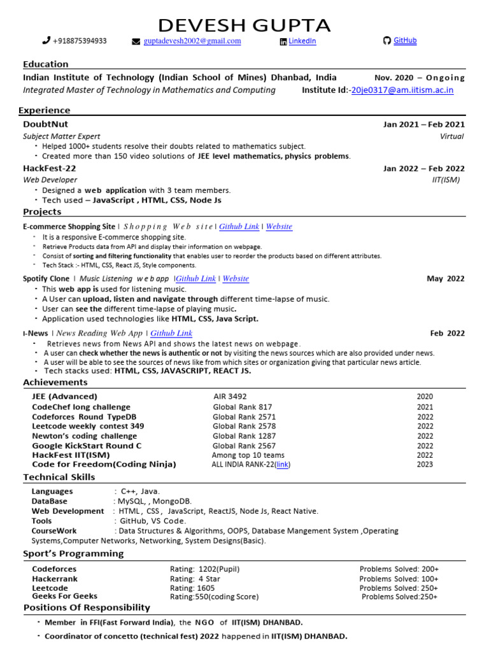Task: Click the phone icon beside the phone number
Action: pyautogui.click(x=46, y=41)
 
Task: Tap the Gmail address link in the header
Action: pyautogui.click(x=192, y=41)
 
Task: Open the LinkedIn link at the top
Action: pyautogui.click(x=302, y=41)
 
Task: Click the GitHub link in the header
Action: pyautogui.click(x=405, y=41)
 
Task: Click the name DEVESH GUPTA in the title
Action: pyautogui.click(x=244, y=25)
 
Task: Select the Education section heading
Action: pyautogui.click(x=45, y=64)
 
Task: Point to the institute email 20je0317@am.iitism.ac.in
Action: pyautogui.click(x=402, y=90)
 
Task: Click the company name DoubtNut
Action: pyautogui.click(x=45, y=124)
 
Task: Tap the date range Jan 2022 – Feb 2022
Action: pyautogui.click(x=423, y=169)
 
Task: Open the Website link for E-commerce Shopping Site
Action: pyautogui.click(x=279, y=227)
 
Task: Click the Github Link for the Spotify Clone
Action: pyautogui.click(x=195, y=279)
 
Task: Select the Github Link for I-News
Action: pyautogui.click(x=171, y=333)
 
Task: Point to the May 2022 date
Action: pyautogui.click(x=446, y=279)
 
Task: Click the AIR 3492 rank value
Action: pyautogui.click(x=230, y=397)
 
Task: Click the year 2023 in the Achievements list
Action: pyautogui.click(x=425, y=465)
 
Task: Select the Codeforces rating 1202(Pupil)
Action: pyautogui.click(x=205, y=569)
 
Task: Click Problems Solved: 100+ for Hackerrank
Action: pyautogui.click(x=399, y=579)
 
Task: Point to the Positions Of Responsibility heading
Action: pyautogui.click(x=87, y=607)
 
